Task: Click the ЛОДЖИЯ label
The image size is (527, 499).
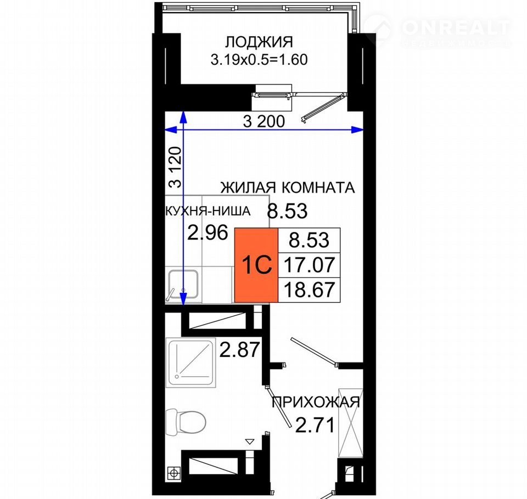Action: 259,42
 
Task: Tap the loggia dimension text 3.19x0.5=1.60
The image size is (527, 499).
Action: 259,60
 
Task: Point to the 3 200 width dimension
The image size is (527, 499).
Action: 264,122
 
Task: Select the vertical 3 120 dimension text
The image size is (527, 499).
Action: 175,167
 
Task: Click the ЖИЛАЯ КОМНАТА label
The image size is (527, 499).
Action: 287,188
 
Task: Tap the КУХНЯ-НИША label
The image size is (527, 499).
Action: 208,211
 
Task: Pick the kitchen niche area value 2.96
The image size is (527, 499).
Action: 208,233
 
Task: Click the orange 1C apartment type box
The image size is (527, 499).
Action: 256,265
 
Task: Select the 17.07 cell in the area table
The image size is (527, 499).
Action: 310,265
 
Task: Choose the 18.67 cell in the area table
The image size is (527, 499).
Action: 310,290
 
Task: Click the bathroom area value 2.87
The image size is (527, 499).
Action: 240,349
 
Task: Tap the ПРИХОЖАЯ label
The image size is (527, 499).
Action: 316,402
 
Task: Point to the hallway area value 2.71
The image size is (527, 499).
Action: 315,425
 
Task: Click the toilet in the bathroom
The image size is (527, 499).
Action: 186,422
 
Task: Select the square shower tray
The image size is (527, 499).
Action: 190,362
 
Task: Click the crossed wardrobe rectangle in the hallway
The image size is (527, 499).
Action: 351,423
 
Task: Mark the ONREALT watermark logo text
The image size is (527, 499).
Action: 456,27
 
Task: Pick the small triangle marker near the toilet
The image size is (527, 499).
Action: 250,441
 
